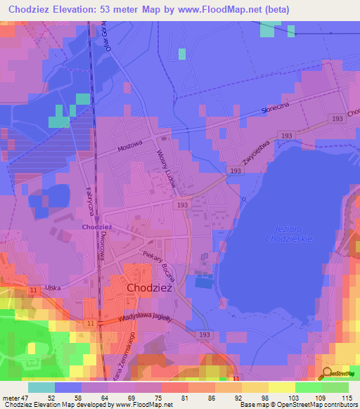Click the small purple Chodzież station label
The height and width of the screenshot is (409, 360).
click(x=97, y=227)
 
